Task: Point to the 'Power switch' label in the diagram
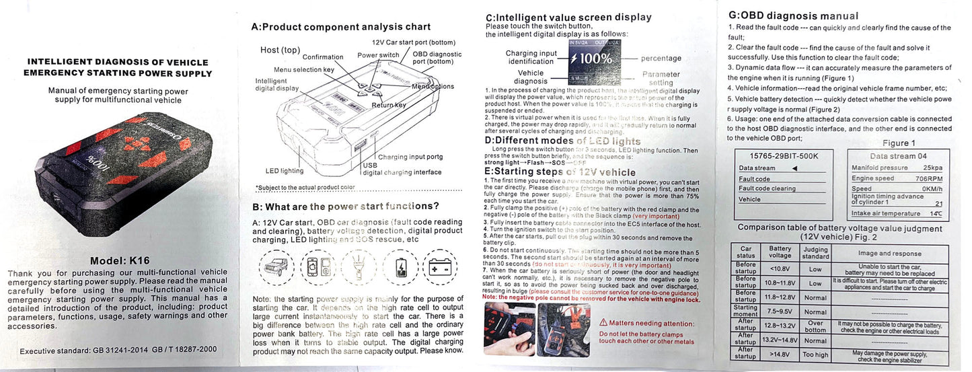coord(378,55)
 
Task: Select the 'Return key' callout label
coord(389,105)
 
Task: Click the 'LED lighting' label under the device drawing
coord(284,171)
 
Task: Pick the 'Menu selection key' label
coord(304,70)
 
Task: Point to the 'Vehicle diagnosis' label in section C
coord(531,77)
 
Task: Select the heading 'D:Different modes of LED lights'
coord(562,141)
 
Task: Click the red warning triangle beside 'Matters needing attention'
coord(603,323)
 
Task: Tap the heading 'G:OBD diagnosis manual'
coord(794,15)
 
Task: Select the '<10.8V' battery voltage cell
coord(780,268)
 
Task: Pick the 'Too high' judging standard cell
coord(815,354)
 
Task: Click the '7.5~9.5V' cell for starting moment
coord(780,311)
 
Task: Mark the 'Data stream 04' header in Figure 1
coord(897,155)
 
